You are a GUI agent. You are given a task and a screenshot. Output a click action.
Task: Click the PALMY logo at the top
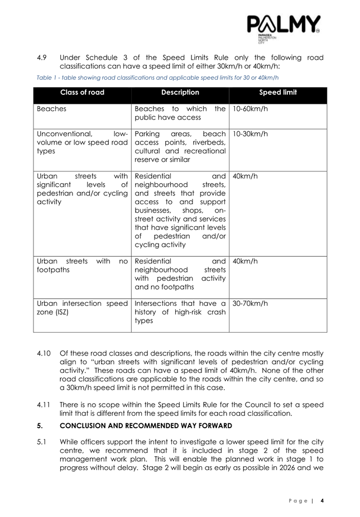[284, 26]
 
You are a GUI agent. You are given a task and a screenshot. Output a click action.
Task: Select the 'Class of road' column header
[81, 93]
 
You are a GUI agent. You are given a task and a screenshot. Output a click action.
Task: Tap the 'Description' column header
[180, 93]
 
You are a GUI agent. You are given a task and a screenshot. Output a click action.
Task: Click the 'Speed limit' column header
[278, 93]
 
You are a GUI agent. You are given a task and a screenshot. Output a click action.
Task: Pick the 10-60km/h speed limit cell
[250, 109]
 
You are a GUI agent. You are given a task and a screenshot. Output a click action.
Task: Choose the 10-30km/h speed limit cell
[250, 135]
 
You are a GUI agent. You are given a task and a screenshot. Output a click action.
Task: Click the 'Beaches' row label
[51, 109]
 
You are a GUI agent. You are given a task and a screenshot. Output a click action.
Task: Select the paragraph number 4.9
[42, 58]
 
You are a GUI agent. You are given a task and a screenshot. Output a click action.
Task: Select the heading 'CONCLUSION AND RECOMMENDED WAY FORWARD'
[138, 425]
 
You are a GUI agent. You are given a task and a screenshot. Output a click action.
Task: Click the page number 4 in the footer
[322, 500]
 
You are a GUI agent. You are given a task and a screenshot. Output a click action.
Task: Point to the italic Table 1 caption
[157, 78]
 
